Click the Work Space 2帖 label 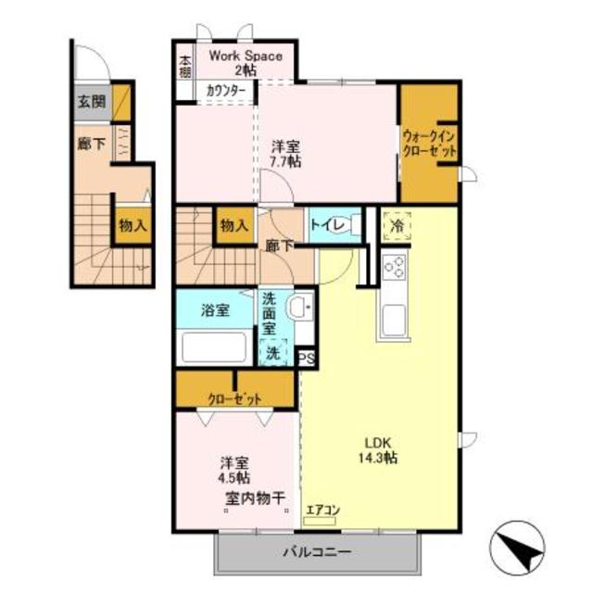coord(246,62)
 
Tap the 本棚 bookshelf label coord(185,68)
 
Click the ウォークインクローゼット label coord(429,143)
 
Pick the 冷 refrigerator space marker coord(397,225)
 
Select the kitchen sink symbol coord(389,322)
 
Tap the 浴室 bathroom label coord(215,310)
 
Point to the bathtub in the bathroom coord(214,348)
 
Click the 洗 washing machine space coord(273,352)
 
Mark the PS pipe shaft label coord(306,356)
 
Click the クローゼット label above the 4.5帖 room coord(233,398)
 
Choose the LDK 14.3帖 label coord(381,449)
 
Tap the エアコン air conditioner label coord(323,506)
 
